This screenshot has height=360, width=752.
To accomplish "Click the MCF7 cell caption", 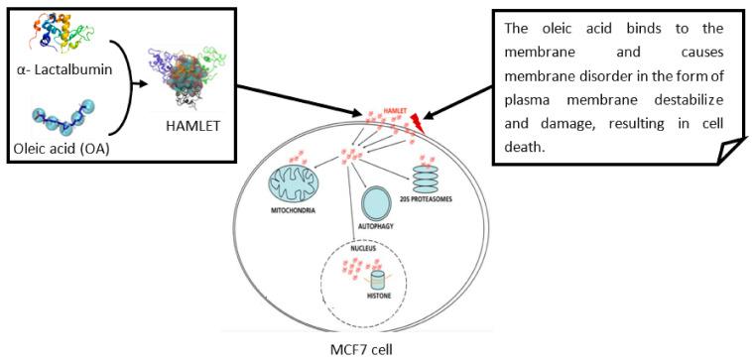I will click(363, 349).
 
